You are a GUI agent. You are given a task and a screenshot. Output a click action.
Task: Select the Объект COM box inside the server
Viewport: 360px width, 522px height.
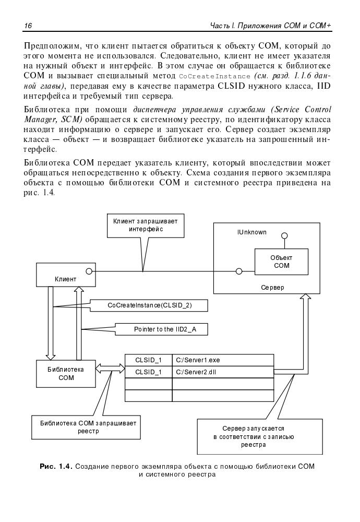coord(281,262)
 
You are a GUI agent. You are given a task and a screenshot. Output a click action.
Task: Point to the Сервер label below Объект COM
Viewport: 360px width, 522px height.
coord(273,288)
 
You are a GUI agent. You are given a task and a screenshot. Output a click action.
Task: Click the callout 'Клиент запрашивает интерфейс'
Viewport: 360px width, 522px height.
coord(146,225)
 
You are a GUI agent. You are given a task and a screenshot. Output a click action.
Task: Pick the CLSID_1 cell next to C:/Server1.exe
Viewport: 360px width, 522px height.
coord(149,360)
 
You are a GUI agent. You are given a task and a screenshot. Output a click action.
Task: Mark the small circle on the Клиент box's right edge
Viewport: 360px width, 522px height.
coord(89,271)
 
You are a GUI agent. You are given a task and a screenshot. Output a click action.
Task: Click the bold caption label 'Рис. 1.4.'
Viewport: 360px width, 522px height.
coord(56,466)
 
